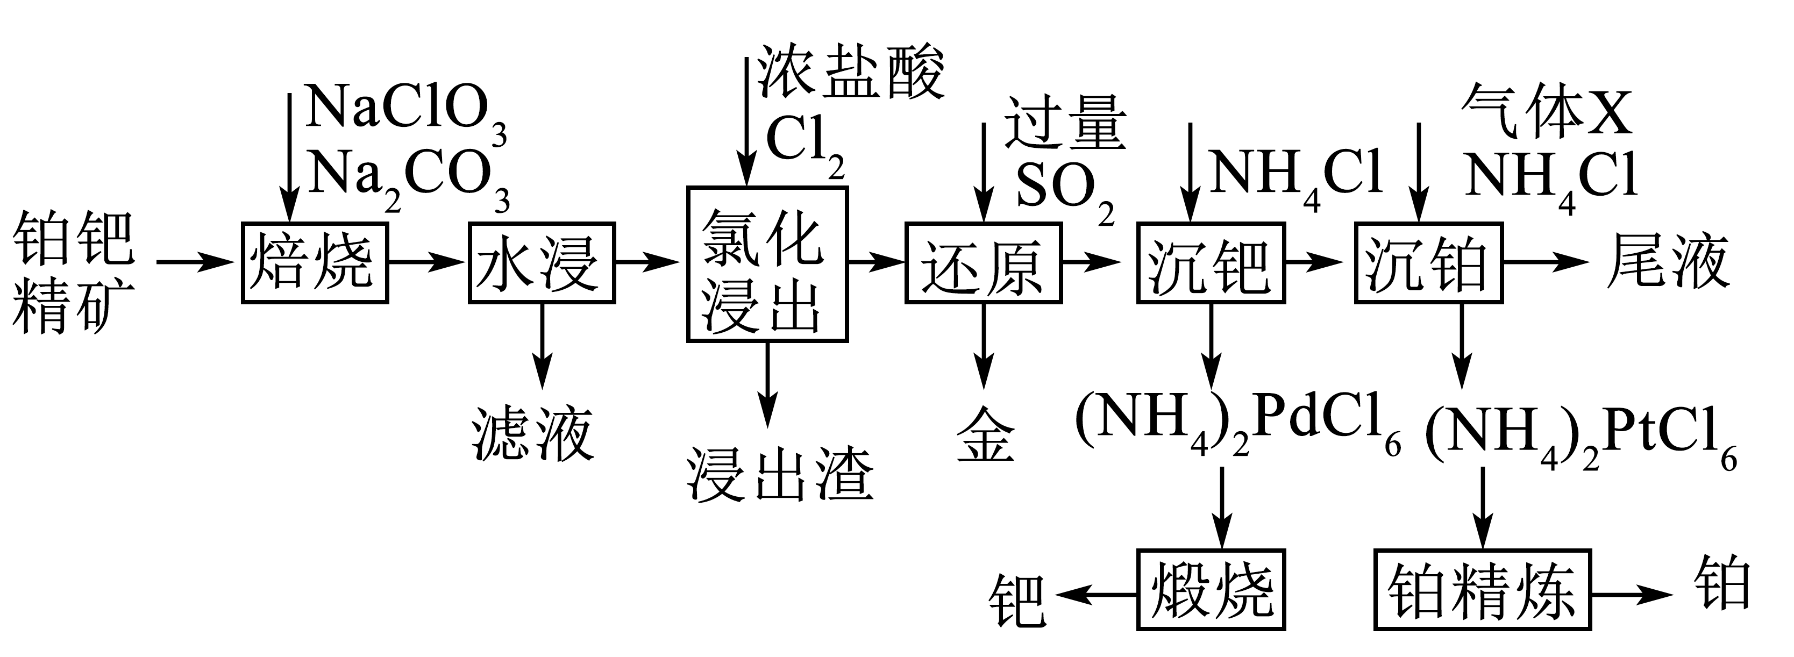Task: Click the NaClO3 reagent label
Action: (406, 115)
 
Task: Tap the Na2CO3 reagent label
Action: (409, 180)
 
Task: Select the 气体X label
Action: (1547, 111)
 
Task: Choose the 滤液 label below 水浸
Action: (533, 434)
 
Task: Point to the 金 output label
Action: (985, 440)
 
